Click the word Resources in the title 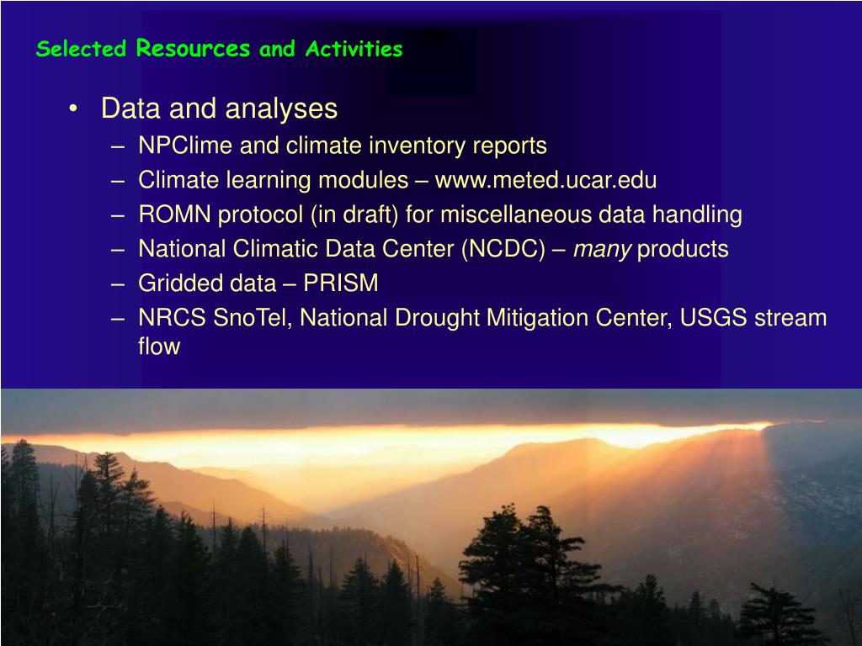(193, 48)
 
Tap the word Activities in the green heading (354, 49)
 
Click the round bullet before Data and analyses (73, 109)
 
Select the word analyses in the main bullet (281, 109)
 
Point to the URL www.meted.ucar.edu (545, 180)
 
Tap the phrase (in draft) (354, 214)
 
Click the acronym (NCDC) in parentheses (503, 249)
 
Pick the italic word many (602, 250)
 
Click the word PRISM (341, 283)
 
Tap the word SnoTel (253, 318)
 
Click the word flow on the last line (159, 347)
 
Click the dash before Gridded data (118, 284)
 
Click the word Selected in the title (82, 48)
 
